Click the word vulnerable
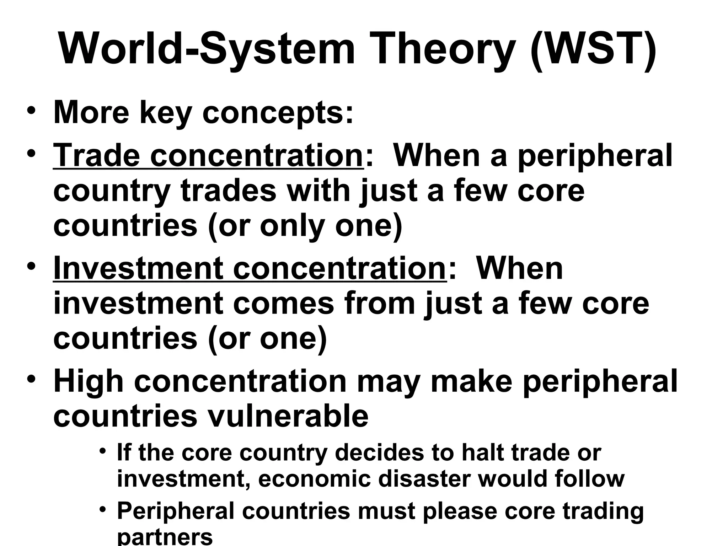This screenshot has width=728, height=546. [x=288, y=416]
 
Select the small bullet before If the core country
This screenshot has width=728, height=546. [x=103, y=451]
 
